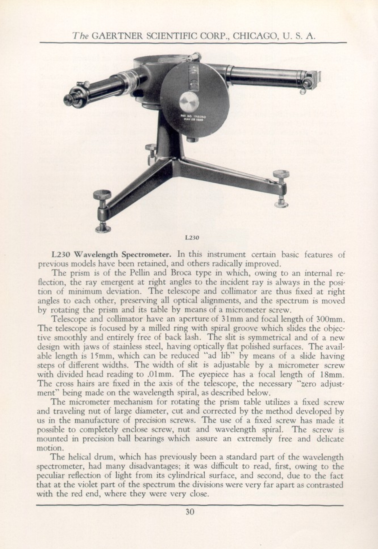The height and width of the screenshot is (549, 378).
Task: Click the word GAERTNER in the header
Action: coord(117,36)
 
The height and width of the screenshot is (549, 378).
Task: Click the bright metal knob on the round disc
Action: coord(189,101)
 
